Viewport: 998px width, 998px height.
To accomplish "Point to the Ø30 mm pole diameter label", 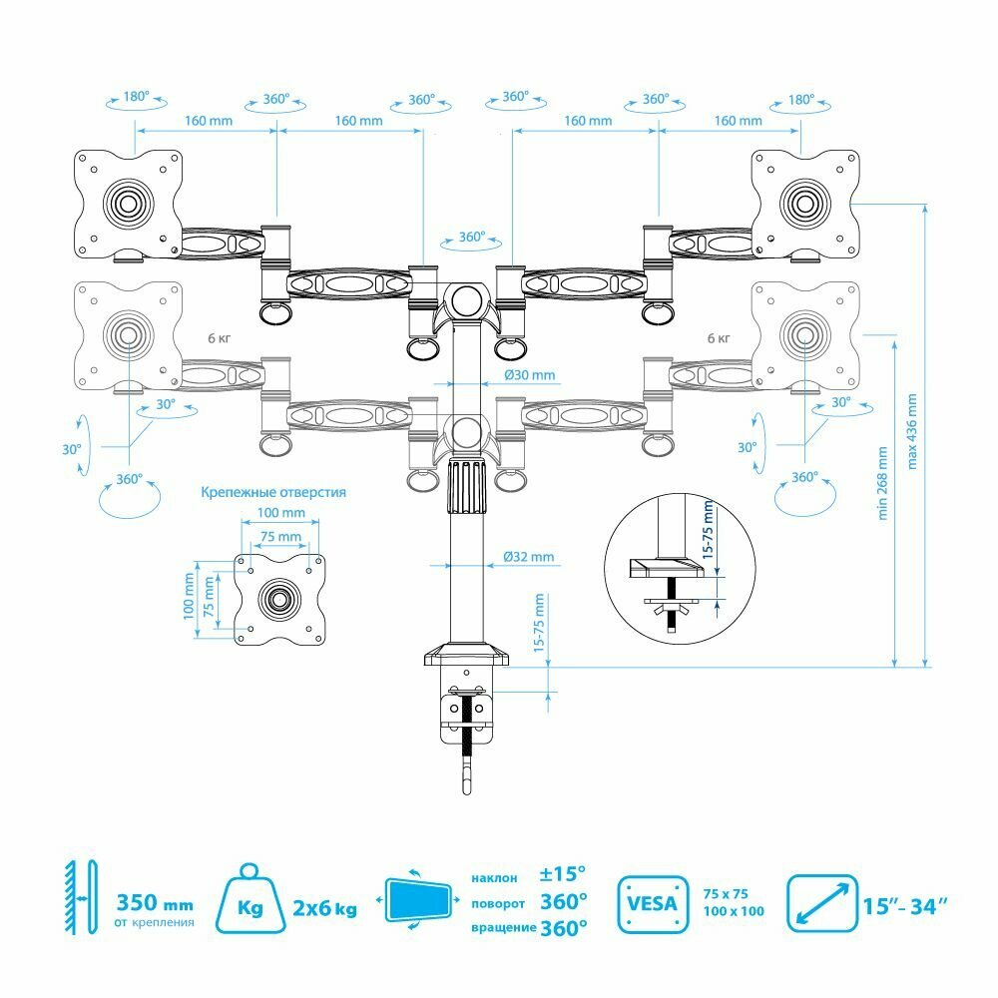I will (530, 376).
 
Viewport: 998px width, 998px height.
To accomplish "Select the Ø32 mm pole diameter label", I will (529, 557).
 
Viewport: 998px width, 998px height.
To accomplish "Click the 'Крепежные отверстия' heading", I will (273, 492).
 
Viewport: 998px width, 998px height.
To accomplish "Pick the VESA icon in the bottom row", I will (654, 904).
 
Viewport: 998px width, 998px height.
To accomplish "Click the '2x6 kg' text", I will (324, 908).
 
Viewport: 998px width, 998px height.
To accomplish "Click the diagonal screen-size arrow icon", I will (821, 904).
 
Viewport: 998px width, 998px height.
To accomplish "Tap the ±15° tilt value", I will (563, 875).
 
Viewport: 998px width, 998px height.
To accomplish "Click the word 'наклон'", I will (494, 878).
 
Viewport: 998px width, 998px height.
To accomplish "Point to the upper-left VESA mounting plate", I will (128, 203).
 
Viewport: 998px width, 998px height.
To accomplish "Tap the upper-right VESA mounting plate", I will (803, 203).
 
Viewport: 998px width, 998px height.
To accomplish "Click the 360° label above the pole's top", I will (472, 239).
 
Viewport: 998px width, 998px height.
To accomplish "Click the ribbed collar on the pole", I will (465, 486).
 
